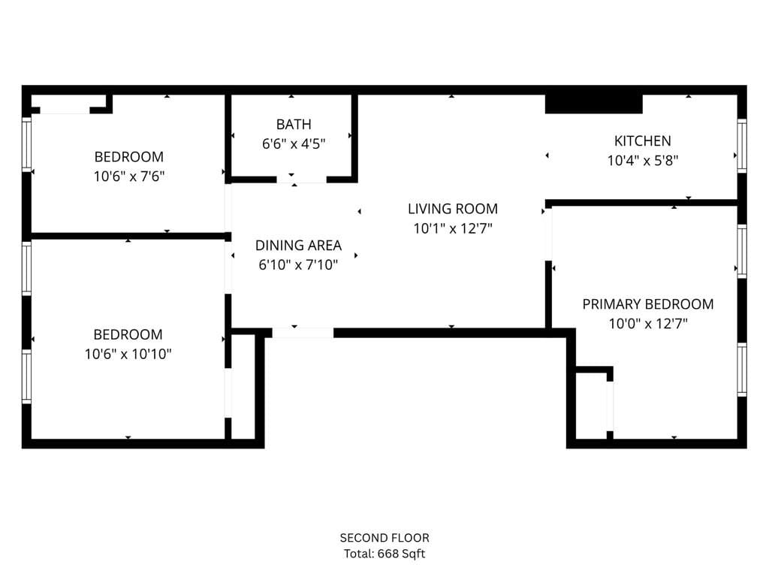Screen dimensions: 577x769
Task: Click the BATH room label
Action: pos(293,124)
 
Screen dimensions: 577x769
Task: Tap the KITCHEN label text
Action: pos(642,140)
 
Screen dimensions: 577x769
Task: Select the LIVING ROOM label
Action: pos(452,209)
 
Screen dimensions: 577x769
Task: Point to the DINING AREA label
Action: pos(298,245)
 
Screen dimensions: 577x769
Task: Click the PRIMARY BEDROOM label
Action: pos(647,304)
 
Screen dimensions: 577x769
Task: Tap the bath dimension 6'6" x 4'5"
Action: pos(293,143)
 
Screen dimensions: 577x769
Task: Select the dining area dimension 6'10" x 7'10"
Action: pos(298,264)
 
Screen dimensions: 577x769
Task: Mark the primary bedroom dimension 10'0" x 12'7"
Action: pos(647,324)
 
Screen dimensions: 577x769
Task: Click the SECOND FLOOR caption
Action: pos(384,538)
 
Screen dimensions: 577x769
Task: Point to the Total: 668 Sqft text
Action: pos(384,554)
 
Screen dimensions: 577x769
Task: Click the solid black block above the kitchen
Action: pos(593,104)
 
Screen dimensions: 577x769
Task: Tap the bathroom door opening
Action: pos(302,180)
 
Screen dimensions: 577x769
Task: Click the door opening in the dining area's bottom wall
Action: pos(303,332)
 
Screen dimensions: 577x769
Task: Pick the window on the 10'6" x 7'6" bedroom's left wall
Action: pos(27,143)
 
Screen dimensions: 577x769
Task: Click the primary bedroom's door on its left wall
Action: pos(548,234)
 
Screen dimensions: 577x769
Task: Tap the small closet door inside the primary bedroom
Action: pos(610,406)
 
